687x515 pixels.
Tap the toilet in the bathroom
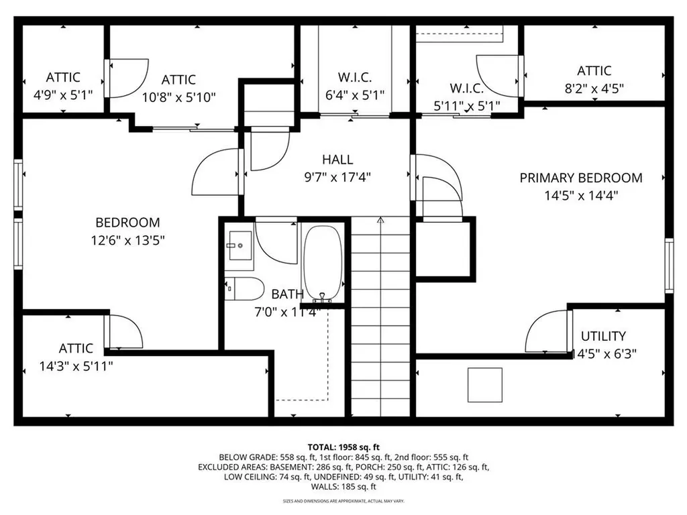(x=244, y=288)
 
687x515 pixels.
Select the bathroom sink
(x=238, y=246)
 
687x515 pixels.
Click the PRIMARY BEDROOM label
(x=581, y=178)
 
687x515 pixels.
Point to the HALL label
(x=337, y=160)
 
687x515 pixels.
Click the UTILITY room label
(x=603, y=336)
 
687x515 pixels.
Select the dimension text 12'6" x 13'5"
(x=127, y=240)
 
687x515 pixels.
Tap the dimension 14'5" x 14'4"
(x=581, y=196)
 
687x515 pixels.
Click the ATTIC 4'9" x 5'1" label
(x=63, y=77)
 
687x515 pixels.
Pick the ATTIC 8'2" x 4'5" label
(x=594, y=70)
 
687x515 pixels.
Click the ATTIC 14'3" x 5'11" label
(x=76, y=348)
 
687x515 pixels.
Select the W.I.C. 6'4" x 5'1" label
(x=355, y=77)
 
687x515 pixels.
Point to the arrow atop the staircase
(x=380, y=220)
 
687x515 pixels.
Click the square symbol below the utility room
(x=484, y=385)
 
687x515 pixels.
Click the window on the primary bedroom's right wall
(x=668, y=266)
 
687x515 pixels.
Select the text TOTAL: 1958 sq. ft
(x=343, y=447)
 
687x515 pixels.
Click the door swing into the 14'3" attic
(x=126, y=332)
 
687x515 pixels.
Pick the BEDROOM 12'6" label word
(x=127, y=223)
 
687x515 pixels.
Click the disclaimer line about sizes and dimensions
(x=343, y=501)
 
